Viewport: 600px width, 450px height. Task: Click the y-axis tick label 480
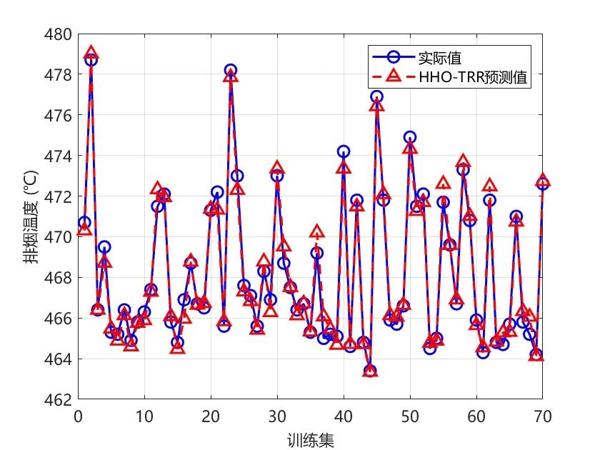[58, 34]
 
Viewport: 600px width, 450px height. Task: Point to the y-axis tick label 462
[58, 400]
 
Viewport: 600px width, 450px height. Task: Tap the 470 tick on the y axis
[58, 237]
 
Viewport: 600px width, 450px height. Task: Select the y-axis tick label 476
[58, 116]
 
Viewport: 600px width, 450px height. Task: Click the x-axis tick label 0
[78, 416]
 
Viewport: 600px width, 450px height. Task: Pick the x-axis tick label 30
[277, 416]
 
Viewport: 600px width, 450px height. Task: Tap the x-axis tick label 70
[543, 416]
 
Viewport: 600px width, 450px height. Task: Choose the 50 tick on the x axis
[410, 416]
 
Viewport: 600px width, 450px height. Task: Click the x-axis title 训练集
[310, 440]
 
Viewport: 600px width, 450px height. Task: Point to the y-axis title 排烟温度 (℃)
[31, 217]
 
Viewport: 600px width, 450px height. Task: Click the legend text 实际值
[440, 58]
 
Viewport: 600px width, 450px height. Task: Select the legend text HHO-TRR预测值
[473, 77]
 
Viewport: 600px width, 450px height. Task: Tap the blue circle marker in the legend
[394, 57]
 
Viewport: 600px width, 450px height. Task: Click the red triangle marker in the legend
[394, 76]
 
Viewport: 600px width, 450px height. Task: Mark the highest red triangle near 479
[91, 52]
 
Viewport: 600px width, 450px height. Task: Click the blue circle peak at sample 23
[230, 70]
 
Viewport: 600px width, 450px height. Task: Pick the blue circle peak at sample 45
[376, 96]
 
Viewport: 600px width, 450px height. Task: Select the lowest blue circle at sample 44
[370, 371]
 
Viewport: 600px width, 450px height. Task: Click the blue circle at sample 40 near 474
[344, 151]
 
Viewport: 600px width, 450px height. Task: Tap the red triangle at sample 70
[543, 180]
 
